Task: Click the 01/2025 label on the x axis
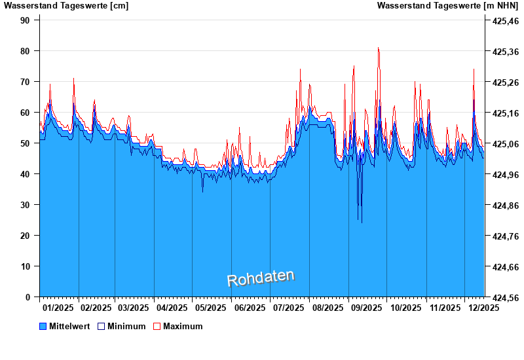[58, 308]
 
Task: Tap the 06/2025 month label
[250, 308]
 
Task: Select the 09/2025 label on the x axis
[367, 308]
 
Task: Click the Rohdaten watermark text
[261, 278]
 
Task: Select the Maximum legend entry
[183, 326]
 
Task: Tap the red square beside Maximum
[157, 326]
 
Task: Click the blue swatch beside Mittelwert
[43, 326]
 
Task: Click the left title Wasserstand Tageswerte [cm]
[66, 6]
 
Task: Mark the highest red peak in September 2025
[378, 48]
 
